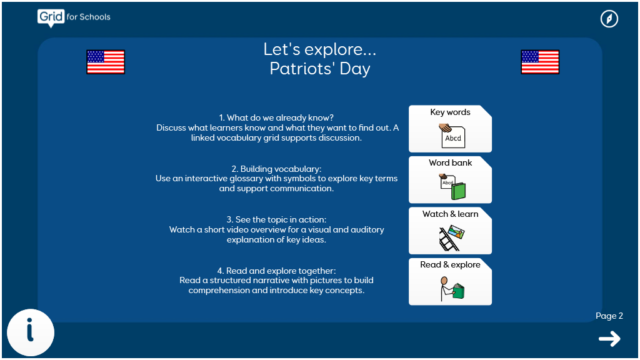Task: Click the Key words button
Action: pos(450,129)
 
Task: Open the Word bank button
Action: pos(450,179)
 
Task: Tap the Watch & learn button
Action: pos(450,231)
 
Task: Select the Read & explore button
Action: pos(450,282)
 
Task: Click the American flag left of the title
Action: pos(106,62)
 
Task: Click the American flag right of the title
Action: pos(540,62)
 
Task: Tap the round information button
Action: pos(31,332)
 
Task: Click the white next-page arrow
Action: pos(609,339)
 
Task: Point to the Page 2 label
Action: pos(609,316)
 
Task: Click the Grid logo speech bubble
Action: pos(51,18)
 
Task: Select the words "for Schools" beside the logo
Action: pos(89,17)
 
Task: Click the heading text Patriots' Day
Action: pos(320,69)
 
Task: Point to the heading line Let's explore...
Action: pos(319,49)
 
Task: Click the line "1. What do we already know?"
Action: pos(276,118)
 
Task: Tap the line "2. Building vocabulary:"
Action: pos(276,169)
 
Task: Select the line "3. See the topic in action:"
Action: pos(276,219)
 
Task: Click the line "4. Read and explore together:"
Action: pos(276,271)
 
